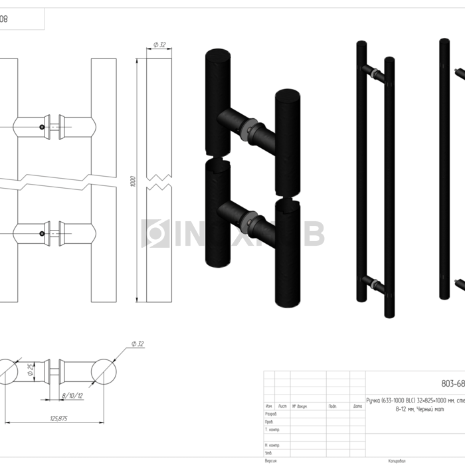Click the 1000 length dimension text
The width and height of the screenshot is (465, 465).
(x=133, y=181)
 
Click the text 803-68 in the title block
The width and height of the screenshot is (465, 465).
(x=453, y=383)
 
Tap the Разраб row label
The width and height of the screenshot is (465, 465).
(x=271, y=413)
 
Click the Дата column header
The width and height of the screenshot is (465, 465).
(x=357, y=405)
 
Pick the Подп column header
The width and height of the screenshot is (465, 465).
(x=332, y=405)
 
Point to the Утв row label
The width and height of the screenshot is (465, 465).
(x=268, y=454)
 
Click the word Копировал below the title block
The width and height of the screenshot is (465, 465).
(x=397, y=460)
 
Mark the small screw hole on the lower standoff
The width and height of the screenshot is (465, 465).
(x=42, y=233)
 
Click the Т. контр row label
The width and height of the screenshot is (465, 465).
(x=272, y=429)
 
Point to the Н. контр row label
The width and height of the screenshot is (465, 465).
(x=272, y=445)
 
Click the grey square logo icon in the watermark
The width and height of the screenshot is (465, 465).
(x=155, y=234)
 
